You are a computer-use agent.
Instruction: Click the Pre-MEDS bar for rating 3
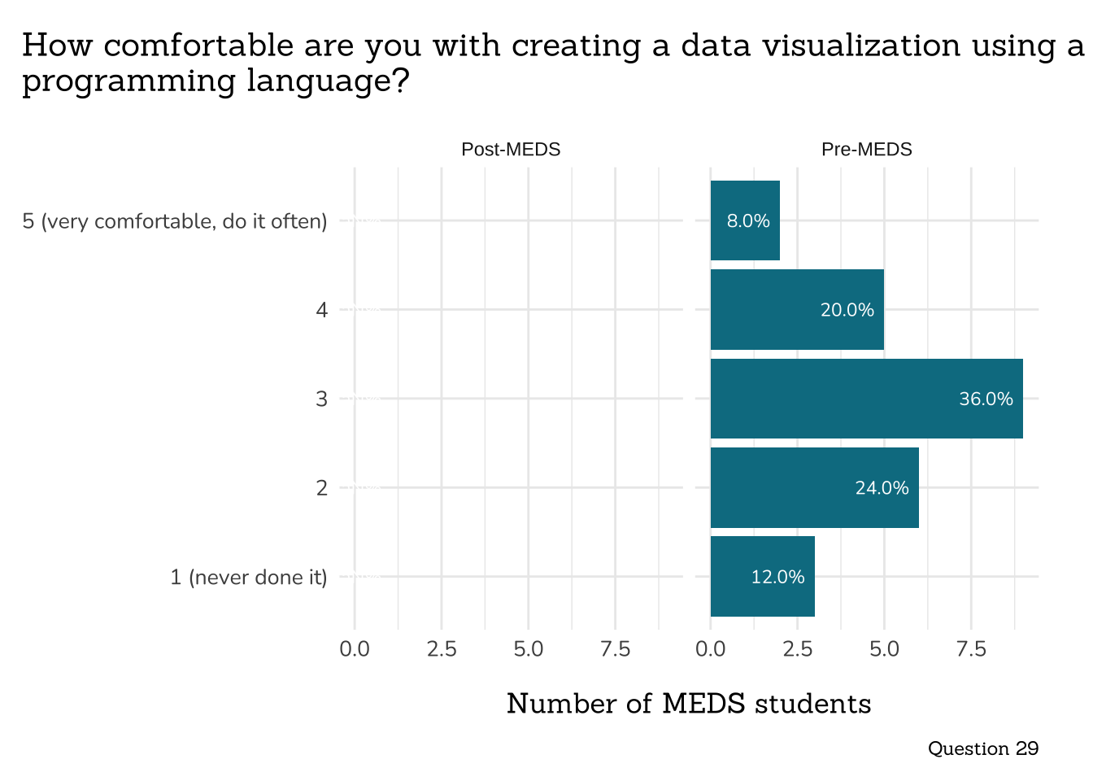pyautogui.click(x=866, y=399)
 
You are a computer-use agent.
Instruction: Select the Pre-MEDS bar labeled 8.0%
pyautogui.click(x=745, y=220)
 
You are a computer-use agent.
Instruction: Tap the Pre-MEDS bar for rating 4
pyautogui.click(x=797, y=309)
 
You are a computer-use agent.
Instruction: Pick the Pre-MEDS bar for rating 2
pyautogui.click(x=814, y=487)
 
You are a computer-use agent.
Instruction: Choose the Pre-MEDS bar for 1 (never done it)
pyautogui.click(x=762, y=576)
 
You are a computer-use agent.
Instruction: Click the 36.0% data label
pyautogui.click(x=986, y=399)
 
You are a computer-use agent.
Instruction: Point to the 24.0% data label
pyautogui.click(x=882, y=487)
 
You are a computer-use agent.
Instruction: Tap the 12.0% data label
pyautogui.click(x=777, y=577)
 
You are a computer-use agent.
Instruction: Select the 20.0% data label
pyautogui.click(x=847, y=310)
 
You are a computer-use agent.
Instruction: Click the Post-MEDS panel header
pyautogui.click(x=511, y=150)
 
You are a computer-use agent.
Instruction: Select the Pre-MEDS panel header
pyautogui.click(x=866, y=150)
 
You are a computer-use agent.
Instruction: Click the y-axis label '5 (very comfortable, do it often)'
pyautogui.click(x=175, y=221)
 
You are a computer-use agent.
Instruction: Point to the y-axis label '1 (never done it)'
pyautogui.click(x=248, y=577)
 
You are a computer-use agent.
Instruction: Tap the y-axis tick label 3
pyautogui.click(x=322, y=399)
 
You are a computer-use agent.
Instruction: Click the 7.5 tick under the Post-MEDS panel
pyautogui.click(x=615, y=649)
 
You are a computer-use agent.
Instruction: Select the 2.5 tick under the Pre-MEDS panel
pyautogui.click(x=797, y=649)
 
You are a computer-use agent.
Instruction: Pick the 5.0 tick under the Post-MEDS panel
pyautogui.click(x=528, y=649)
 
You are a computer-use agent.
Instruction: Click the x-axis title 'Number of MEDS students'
pyautogui.click(x=689, y=704)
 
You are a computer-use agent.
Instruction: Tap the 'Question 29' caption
pyautogui.click(x=982, y=748)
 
